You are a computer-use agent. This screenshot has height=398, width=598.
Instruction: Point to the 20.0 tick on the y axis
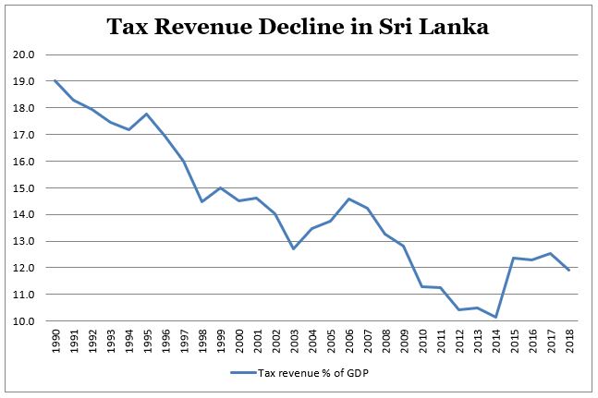[x=25, y=54]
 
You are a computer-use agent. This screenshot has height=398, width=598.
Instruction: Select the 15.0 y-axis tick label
[x=25, y=188]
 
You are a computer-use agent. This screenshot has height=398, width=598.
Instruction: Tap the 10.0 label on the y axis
[x=25, y=321]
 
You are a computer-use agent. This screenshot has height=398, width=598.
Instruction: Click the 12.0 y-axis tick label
[x=25, y=268]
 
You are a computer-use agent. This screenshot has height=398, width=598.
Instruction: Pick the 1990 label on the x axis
[x=56, y=340]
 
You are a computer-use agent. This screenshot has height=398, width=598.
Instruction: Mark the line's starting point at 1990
[x=56, y=80]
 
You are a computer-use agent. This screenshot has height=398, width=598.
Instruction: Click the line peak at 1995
[x=146, y=114]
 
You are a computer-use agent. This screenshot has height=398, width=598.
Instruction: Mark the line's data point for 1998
[x=201, y=201]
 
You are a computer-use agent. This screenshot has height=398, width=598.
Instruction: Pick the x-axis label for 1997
[x=183, y=340]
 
